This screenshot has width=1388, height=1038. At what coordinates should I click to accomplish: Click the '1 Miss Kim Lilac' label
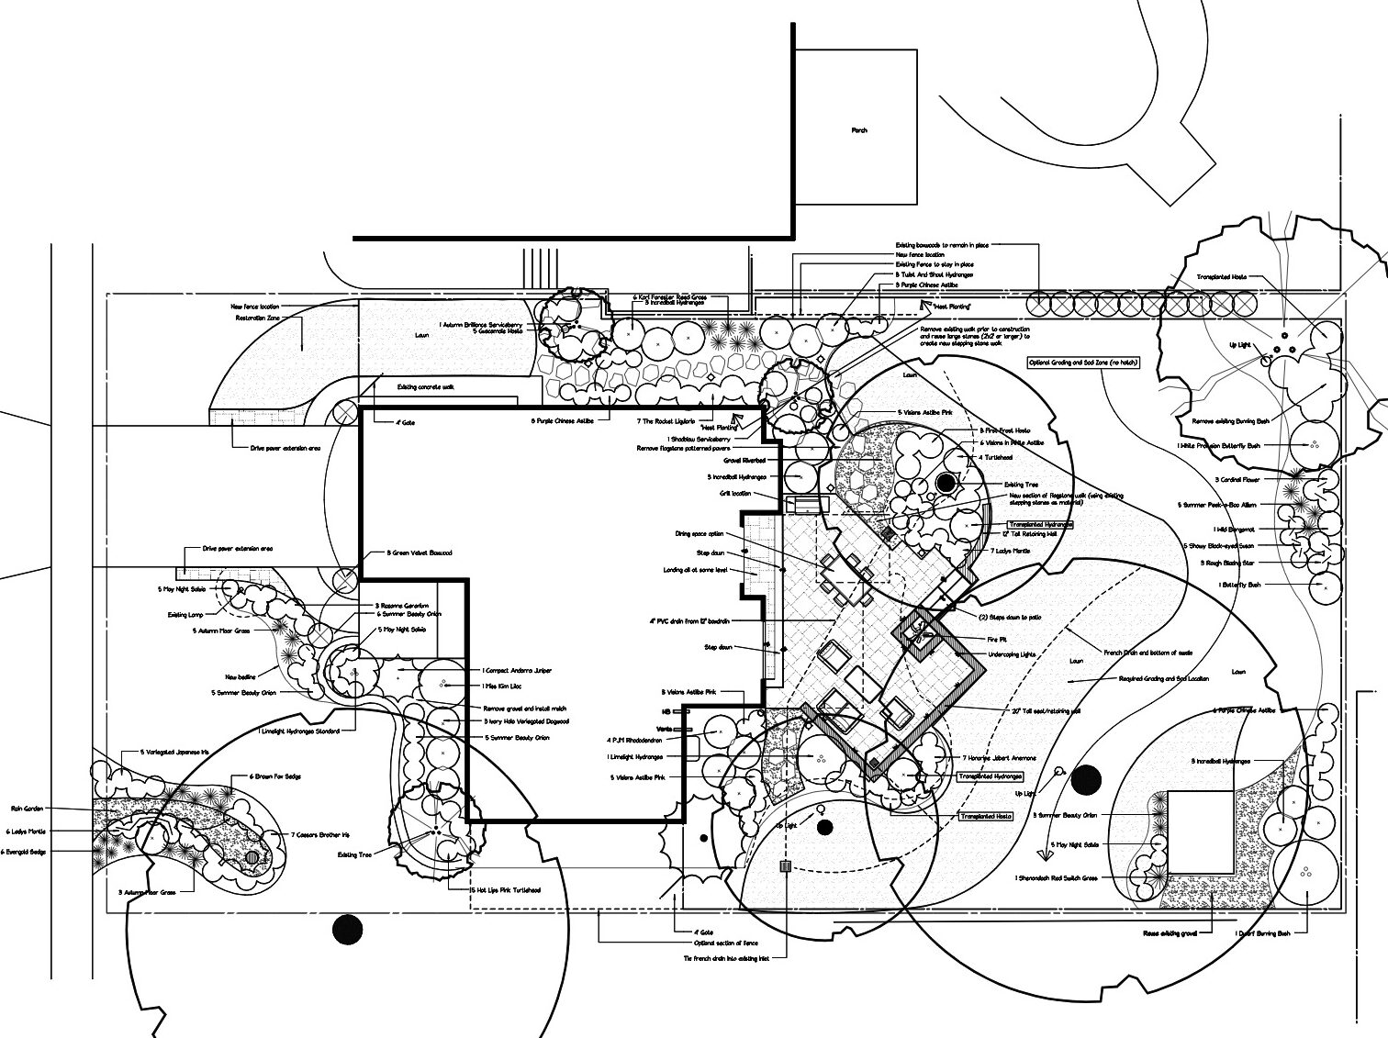tap(506, 686)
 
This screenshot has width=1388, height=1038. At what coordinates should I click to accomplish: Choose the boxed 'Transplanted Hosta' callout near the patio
tap(985, 816)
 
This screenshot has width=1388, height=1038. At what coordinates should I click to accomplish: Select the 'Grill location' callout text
tap(735, 494)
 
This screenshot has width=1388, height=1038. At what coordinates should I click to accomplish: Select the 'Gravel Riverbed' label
tap(744, 461)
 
